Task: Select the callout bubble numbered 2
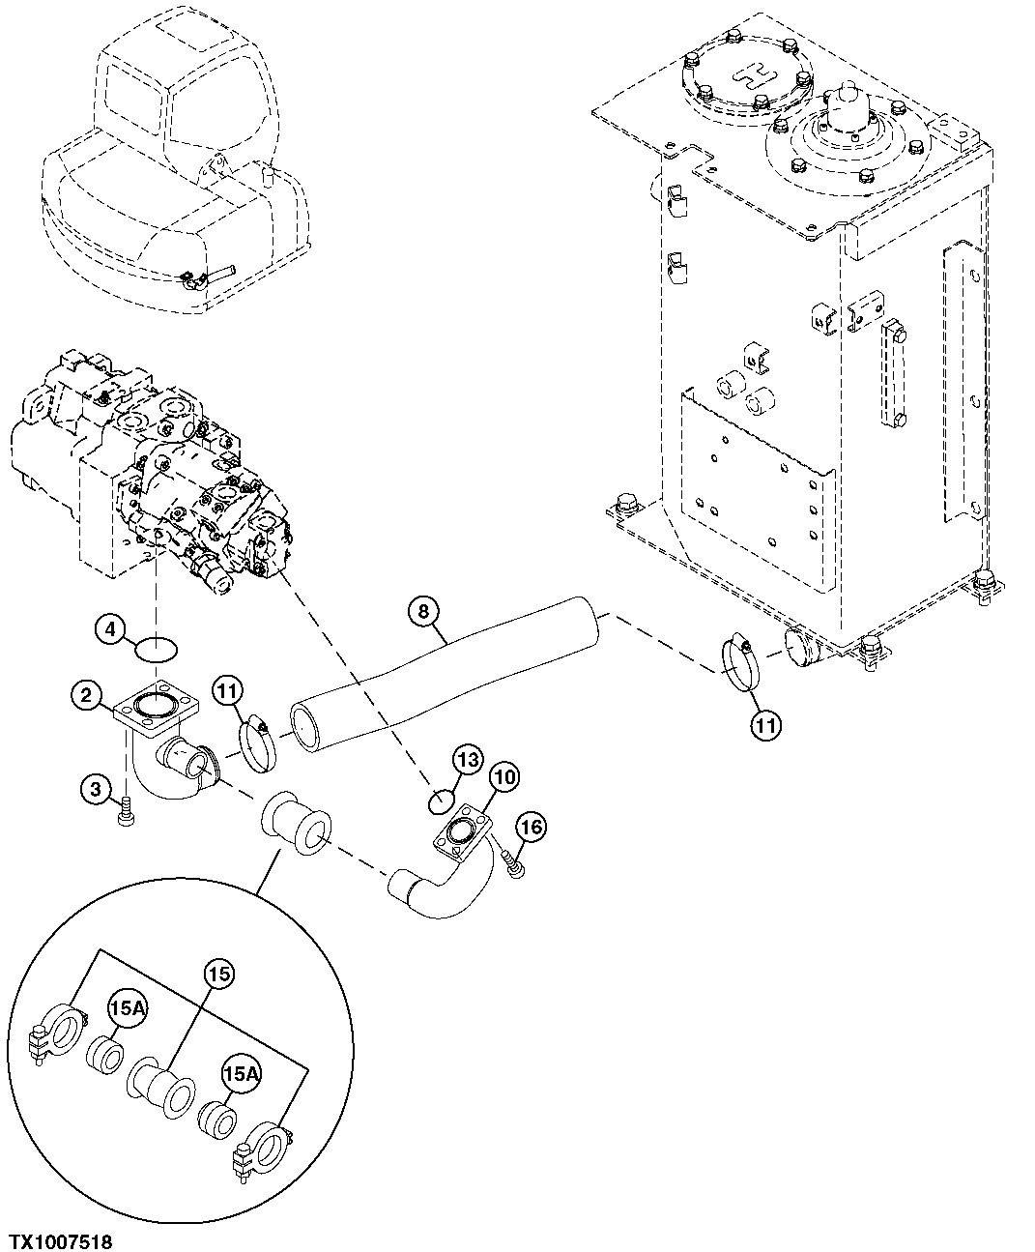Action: pos(87,694)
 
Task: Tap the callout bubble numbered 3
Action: pos(95,790)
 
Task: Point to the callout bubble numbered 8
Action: pos(422,610)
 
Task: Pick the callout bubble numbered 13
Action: pos(468,761)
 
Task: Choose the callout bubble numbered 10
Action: pos(503,775)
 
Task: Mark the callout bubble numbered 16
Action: pos(531,826)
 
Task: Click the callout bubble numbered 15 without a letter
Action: pos(219,975)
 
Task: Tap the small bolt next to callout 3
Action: pos(125,818)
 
